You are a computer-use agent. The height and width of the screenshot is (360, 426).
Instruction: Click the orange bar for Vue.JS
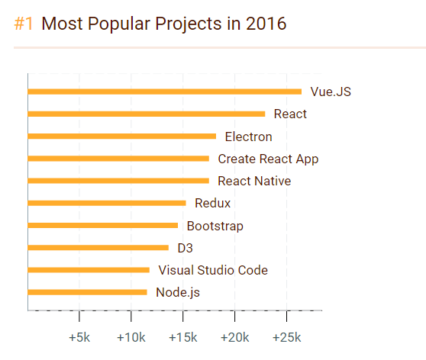pyautogui.click(x=164, y=92)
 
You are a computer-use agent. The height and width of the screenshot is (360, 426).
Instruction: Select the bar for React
pyautogui.click(x=146, y=114)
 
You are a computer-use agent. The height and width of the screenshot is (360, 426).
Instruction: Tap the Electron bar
pyautogui.click(x=121, y=137)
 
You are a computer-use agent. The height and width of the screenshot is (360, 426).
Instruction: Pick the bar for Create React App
pyautogui.click(x=118, y=159)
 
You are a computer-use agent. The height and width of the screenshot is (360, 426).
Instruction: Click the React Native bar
pyautogui.click(x=118, y=181)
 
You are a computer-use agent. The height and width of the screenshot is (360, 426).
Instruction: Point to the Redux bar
pyautogui.click(x=106, y=203)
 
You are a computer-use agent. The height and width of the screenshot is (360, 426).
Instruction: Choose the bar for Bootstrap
pyautogui.click(x=102, y=225)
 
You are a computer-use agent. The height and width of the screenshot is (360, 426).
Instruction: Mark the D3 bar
pyautogui.click(x=98, y=247)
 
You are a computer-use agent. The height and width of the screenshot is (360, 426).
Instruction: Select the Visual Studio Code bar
pyautogui.click(x=89, y=269)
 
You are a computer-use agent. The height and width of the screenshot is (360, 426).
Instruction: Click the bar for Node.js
pyautogui.click(x=87, y=291)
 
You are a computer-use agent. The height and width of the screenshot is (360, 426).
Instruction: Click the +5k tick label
pyautogui.click(x=80, y=337)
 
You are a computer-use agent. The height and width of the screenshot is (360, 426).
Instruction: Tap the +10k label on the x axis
pyautogui.click(x=131, y=337)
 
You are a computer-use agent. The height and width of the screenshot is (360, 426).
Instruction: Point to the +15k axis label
pyautogui.click(x=183, y=337)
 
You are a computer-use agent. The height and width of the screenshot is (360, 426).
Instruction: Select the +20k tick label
pyautogui.click(x=235, y=337)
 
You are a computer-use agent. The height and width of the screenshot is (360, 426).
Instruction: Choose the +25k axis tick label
pyautogui.click(x=286, y=337)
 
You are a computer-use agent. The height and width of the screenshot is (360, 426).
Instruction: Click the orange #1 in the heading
pyautogui.click(x=24, y=24)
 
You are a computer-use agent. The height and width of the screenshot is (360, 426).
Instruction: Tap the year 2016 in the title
pyautogui.click(x=266, y=24)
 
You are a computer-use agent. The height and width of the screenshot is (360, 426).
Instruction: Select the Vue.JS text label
pyautogui.click(x=331, y=92)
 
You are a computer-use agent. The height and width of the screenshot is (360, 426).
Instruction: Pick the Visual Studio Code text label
pyautogui.click(x=213, y=270)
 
